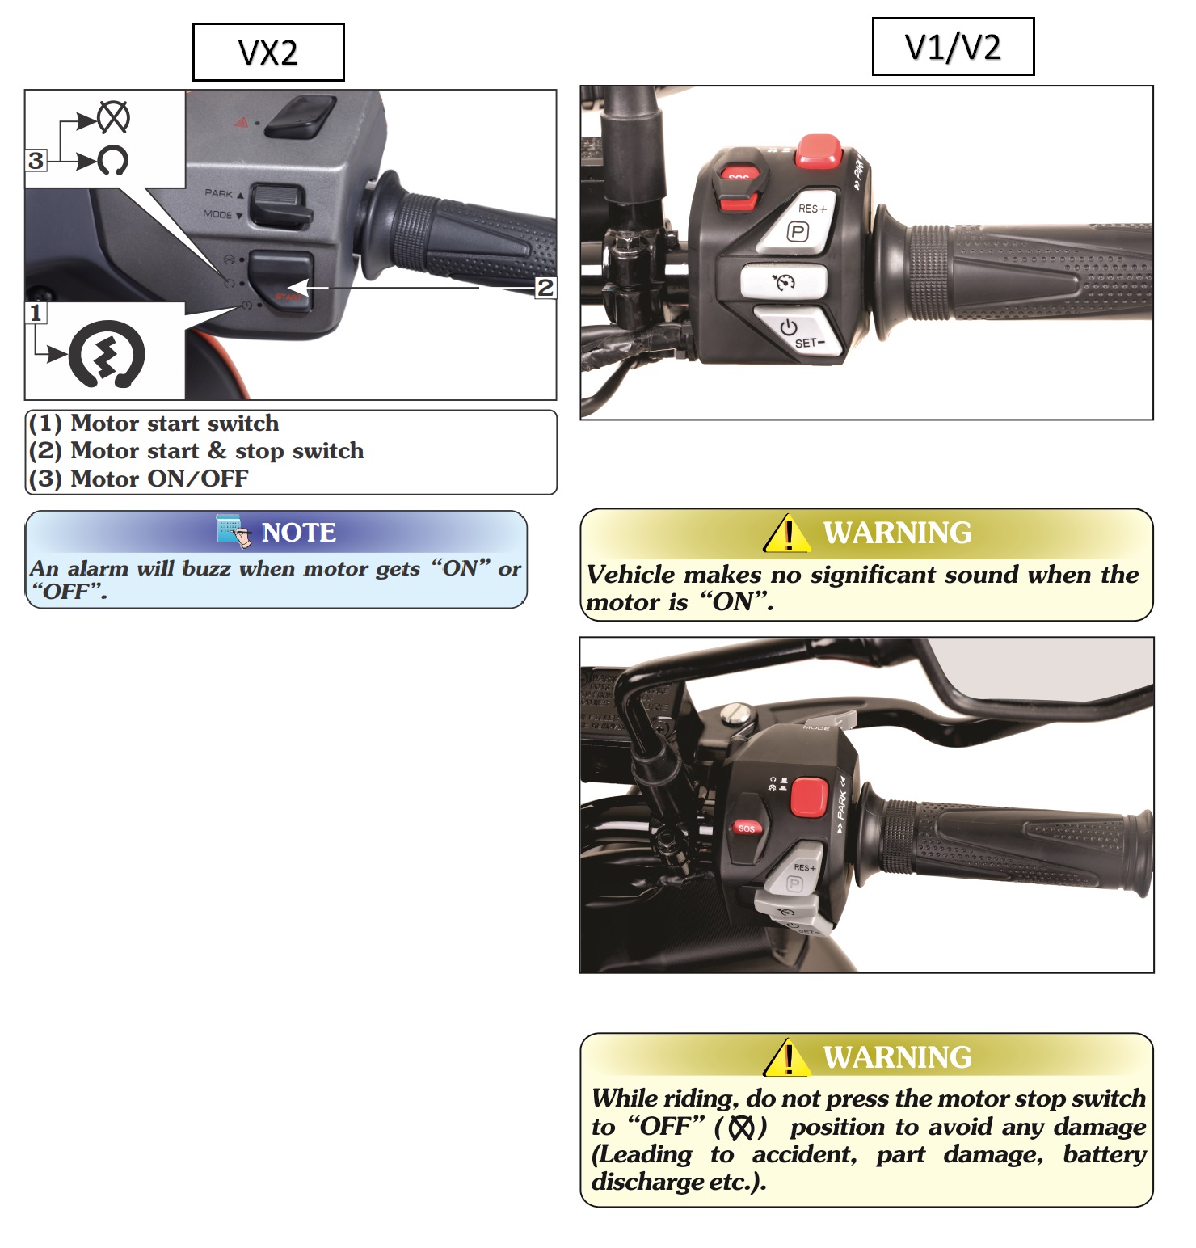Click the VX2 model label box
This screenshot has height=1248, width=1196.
pos(268,53)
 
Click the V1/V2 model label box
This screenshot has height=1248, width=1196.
pos(953,47)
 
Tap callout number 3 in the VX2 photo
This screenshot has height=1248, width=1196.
pos(36,160)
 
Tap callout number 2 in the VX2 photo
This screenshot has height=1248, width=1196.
pos(545,287)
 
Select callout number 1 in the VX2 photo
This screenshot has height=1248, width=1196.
pos(36,313)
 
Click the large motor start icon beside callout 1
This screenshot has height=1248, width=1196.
pos(107,354)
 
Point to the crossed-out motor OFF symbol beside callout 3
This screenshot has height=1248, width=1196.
pos(113,118)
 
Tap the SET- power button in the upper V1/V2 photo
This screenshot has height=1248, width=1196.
pos(797,331)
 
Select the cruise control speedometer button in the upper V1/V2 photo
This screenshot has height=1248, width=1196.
pos(784,282)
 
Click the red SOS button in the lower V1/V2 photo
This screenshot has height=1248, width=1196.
pos(747,828)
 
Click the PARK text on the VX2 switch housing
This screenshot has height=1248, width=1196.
pos(219,194)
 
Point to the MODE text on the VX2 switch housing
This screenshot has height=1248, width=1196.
pos(218,215)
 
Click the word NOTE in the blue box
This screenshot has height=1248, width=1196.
pos(298,533)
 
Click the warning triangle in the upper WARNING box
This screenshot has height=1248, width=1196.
pos(787,534)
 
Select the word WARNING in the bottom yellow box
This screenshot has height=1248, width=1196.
pos(897,1057)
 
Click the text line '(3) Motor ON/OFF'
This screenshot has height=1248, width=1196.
pos(138,479)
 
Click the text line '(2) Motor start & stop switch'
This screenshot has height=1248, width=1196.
pos(196,451)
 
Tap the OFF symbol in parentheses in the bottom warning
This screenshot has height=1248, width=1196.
pos(741,1127)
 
